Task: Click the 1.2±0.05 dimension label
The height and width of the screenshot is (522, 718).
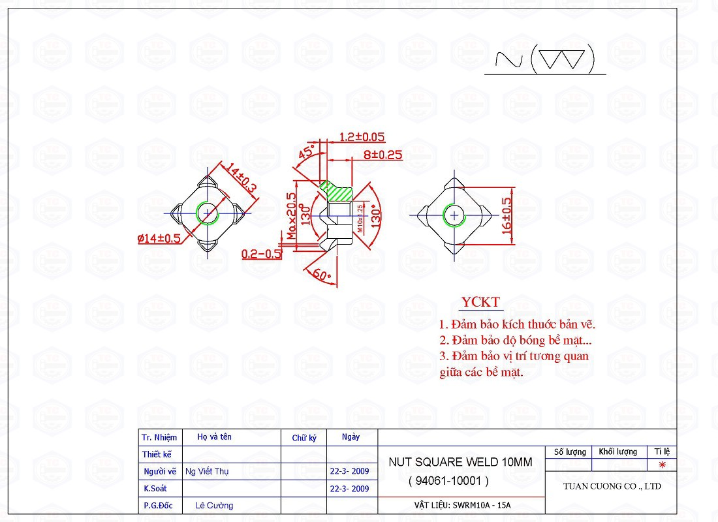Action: (x=362, y=137)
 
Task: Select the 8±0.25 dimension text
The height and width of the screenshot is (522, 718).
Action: (x=382, y=155)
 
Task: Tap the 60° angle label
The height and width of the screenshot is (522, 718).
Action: (x=322, y=275)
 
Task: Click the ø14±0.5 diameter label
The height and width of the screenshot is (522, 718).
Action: (x=159, y=239)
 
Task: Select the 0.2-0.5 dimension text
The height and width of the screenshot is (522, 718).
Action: (x=262, y=254)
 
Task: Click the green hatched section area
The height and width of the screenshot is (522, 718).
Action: (x=337, y=191)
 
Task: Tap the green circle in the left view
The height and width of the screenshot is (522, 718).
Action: (x=208, y=213)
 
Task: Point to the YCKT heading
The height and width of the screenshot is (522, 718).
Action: (x=480, y=302)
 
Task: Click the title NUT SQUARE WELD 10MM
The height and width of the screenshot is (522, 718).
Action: (x=460, y=462)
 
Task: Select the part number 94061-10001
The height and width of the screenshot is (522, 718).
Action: (x=448, y=481)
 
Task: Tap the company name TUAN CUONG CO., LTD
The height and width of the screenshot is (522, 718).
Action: (x=612, y=486)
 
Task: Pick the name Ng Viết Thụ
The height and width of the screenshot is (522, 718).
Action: (x=207, y=471)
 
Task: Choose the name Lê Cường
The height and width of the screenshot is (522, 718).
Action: (x=214, y=506)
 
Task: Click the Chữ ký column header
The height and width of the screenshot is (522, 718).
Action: (x=304, y=438)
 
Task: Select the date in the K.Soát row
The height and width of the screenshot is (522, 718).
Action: (x=350, y=489)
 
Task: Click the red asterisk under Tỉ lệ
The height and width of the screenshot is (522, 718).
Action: (x=662, y=465)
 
